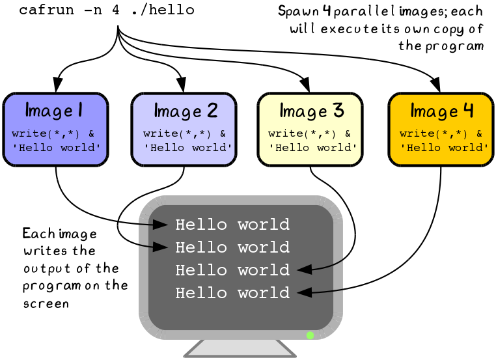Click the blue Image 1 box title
click(53, 110)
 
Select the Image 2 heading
click(186, 110)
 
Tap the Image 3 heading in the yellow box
click(311, 110)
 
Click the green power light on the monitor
click(310, 335)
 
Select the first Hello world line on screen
click(232, 225)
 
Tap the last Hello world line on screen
click(232, 293)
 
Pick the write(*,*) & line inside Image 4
click(441, 133)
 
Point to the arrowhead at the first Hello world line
click(160, 225)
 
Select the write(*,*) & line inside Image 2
click(185, 134)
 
